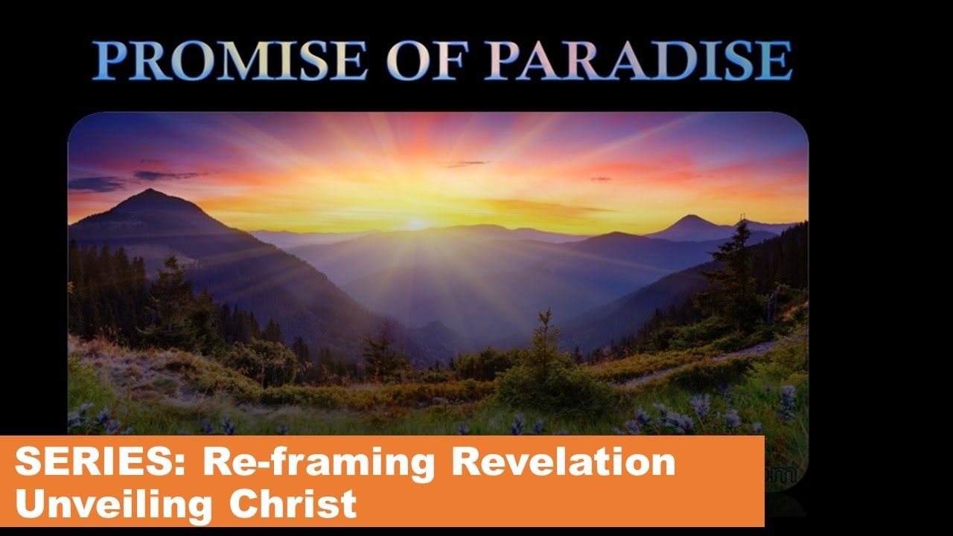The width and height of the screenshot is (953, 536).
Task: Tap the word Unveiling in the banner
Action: click(115, 504)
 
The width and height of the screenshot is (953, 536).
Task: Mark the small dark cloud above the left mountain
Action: click(165, 176)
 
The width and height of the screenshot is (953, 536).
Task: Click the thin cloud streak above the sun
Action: click(465, 164)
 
